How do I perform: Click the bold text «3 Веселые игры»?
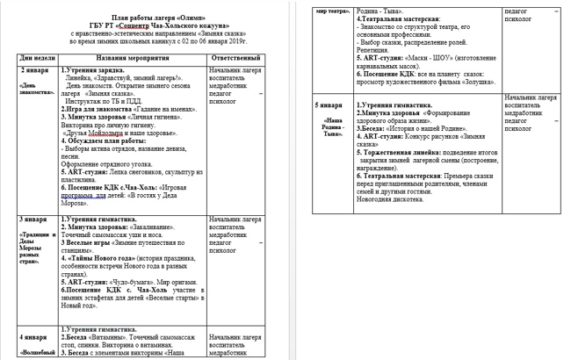[89, 239]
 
